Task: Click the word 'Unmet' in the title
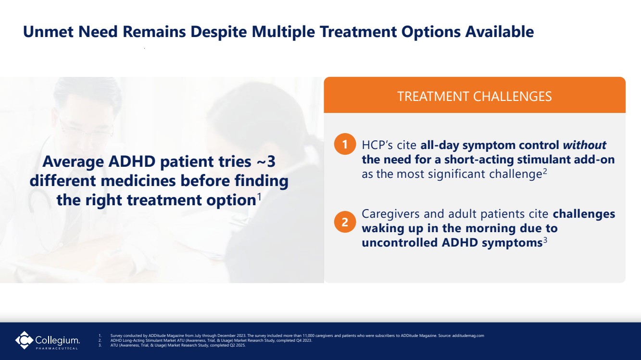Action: [x=48, y=31]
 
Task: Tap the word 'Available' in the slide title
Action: [x=499, y=31]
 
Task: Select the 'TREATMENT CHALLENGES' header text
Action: [x=475, y=96]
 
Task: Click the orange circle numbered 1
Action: [x=345, y=144]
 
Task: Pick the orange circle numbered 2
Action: [x=345, y=222]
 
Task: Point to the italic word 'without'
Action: [x=584, y=145]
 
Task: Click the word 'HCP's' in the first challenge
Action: [x=377, y=145]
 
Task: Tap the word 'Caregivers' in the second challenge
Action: [x=390, y=214]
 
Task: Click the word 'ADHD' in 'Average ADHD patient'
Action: [x=132, y=161]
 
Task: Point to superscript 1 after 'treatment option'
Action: [x=259, y=197]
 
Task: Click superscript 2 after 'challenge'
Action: [x=545, y=171]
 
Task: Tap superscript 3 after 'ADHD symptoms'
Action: [x=545, y=240]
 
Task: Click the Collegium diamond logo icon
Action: [x=24, y=340]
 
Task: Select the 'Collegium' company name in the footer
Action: [x=57, y=340]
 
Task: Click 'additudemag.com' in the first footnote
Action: [x=468, y=335]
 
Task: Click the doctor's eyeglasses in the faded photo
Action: [x=86, y=129]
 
